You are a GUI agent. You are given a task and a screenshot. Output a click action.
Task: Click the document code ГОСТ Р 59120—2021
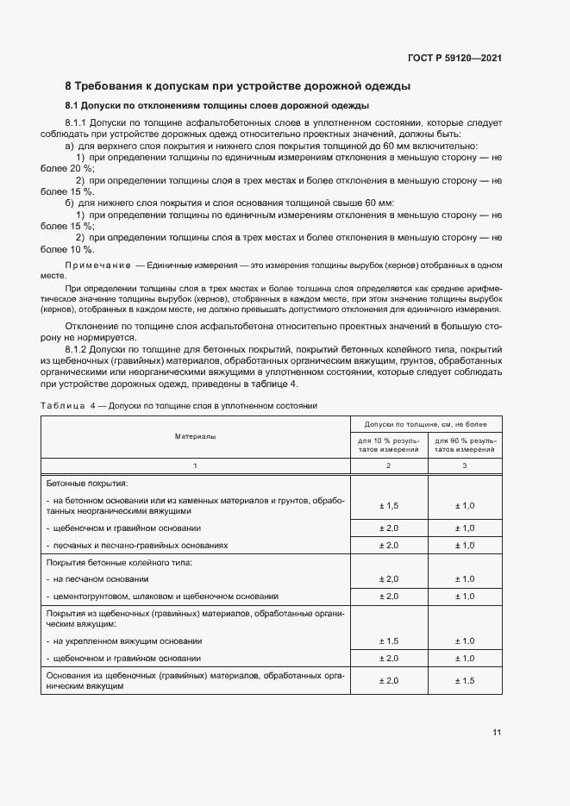point(454,58)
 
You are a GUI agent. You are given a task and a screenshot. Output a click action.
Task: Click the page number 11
point(496,733)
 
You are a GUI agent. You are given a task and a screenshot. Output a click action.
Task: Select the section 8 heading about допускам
point(237,86)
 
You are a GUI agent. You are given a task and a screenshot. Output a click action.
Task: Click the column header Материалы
point(196,437)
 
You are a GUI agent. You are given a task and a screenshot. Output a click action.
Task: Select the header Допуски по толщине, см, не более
point(425,425)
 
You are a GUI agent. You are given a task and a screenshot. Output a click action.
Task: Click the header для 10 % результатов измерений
point(388,445)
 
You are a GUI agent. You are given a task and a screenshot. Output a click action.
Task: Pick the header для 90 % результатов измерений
point(464,445)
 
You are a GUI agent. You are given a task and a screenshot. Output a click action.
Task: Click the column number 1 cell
point(196,465)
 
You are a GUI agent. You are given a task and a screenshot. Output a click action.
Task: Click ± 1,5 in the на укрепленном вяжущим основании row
point(388,640)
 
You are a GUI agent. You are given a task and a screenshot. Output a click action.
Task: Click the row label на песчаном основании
point(100,578)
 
